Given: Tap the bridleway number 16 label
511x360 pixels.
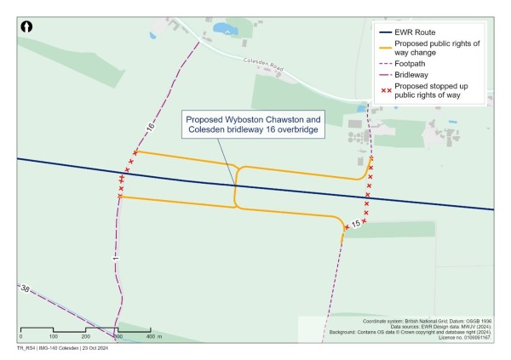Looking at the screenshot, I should coord(150,127).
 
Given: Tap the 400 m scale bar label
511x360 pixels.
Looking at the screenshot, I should coord(154,338).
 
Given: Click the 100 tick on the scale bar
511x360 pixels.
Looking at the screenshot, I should coord(53,338).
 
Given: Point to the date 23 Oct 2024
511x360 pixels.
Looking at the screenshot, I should coord(94,349).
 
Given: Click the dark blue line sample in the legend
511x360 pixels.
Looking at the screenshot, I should coord(387,31).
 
